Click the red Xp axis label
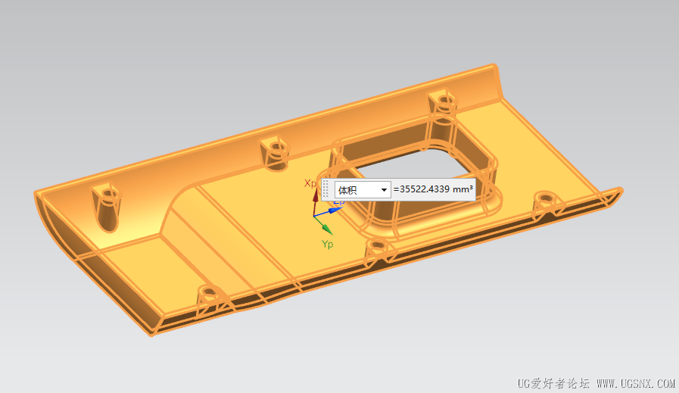coord(310,183)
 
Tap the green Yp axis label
coord(327,245)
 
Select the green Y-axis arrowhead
coord(327,229)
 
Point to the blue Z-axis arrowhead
coord(335,211)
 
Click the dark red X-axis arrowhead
coord(315,195)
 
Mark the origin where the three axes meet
coord(314,215)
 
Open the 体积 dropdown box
coord(363,190)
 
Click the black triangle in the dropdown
coord(384,190)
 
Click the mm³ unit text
coord(463,189)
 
